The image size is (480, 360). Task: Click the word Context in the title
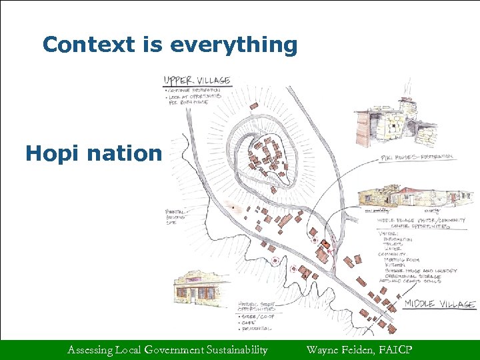click(x=81, y=45)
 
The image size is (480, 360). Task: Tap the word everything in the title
click(x=233, y=45)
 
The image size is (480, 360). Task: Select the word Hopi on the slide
click(x=55, y=154)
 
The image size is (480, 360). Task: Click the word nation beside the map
click(x=126, y=154)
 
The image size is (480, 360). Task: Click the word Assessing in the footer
click(x=92, y=349)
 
